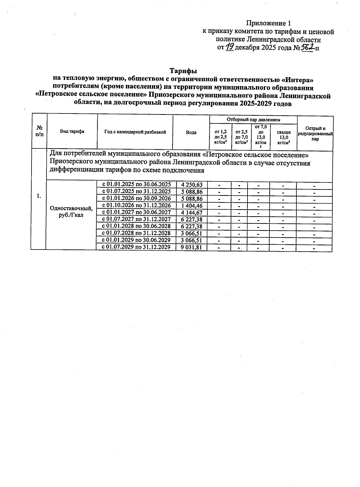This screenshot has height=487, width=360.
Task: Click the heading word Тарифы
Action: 183,71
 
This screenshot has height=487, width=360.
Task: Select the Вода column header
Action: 191,132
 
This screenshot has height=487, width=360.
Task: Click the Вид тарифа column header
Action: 72,132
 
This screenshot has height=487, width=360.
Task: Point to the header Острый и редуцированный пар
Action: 315,134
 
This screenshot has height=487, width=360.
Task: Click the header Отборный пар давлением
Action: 253,119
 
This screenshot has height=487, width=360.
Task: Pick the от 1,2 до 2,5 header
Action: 221,137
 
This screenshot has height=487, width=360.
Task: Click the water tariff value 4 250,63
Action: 192,185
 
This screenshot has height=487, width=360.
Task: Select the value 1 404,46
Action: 192,206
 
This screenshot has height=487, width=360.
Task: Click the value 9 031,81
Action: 192,247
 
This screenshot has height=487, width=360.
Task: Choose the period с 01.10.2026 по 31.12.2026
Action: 136,206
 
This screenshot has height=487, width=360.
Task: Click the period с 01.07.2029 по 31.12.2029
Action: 136,247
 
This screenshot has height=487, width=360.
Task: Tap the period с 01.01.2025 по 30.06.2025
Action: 136,184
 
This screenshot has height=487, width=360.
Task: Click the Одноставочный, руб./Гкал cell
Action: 71,212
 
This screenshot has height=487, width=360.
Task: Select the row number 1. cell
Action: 38,196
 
